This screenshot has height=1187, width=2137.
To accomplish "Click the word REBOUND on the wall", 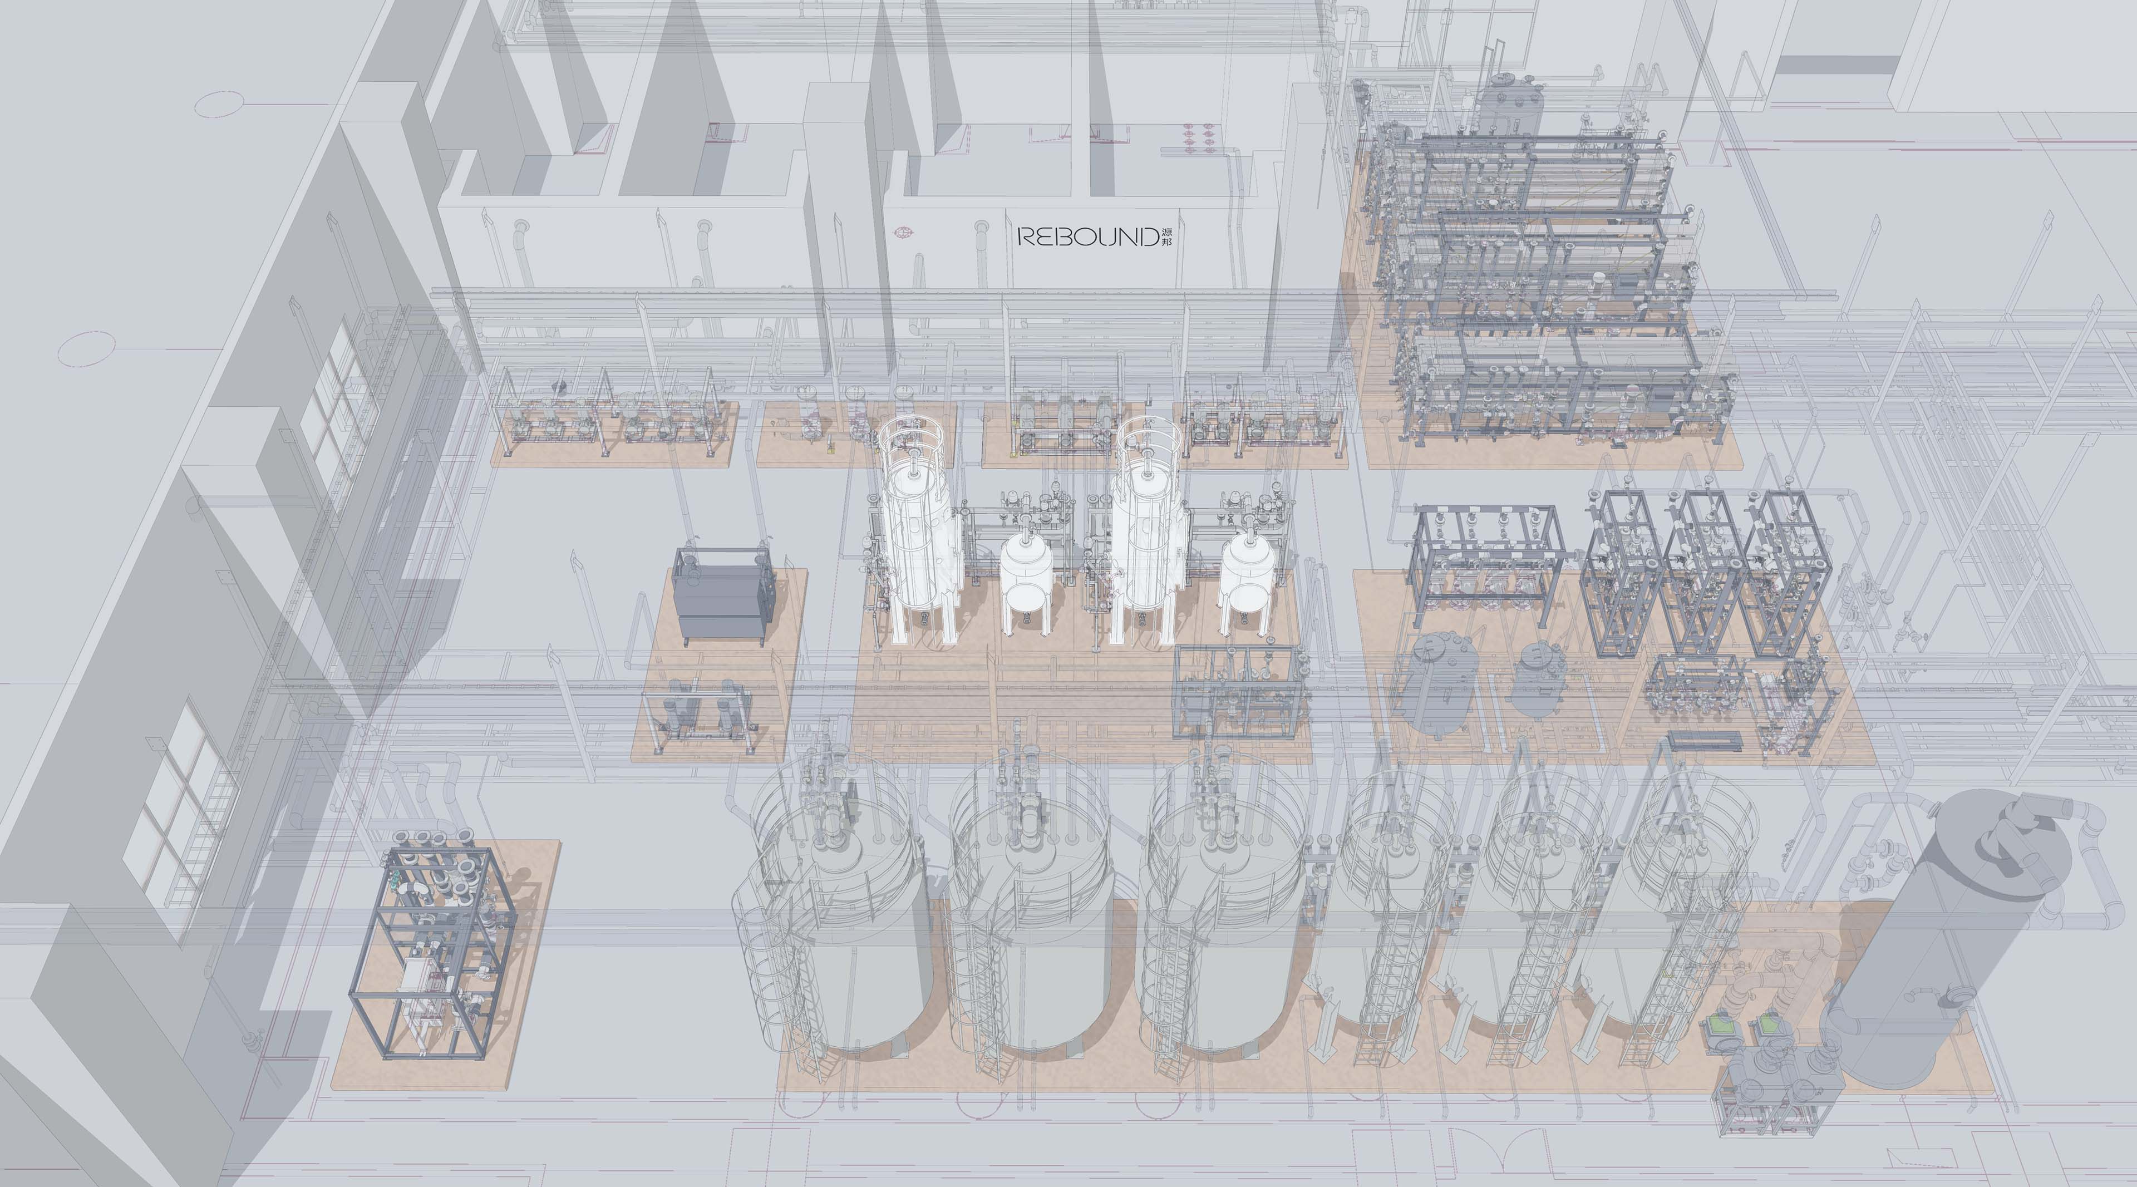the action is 1087,237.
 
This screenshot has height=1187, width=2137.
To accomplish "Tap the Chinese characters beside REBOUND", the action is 1167,237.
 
